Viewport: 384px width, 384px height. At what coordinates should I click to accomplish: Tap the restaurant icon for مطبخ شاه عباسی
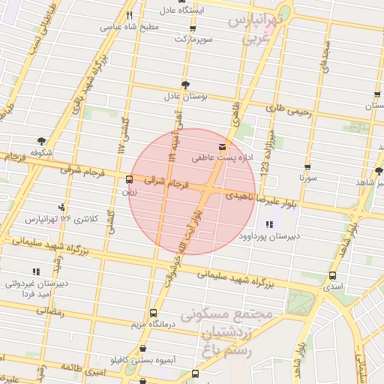pos(129,15)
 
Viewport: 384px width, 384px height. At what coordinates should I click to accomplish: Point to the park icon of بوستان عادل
pos(185,85)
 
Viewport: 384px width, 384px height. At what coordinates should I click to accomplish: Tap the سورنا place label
pos(309,179)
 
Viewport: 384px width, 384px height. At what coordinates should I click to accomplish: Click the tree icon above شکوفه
pos(40,140)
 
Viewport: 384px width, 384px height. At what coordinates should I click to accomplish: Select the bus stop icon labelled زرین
pos(130,180)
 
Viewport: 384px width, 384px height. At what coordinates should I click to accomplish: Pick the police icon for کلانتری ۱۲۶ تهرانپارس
pos(61,207)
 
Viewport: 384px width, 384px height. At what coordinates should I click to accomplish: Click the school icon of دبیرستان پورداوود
pos(268,224)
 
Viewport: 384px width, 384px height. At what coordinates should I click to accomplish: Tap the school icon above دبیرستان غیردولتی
pos(36,271)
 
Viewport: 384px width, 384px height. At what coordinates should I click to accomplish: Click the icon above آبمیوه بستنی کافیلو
pos(142,349)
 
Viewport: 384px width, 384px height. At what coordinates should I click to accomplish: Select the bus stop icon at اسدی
pos(331,275)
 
